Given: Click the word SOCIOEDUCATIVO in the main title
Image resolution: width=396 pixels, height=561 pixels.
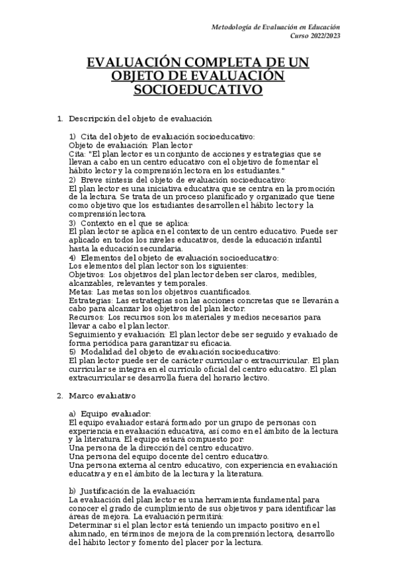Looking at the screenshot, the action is [x=198, y=89].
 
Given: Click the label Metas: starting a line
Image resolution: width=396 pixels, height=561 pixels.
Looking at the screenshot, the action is [x=79, y=292].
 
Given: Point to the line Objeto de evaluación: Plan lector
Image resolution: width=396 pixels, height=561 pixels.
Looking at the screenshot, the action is [x=130, y=145].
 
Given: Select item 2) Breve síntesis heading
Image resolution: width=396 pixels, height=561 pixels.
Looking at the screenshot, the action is [x=177, y=179].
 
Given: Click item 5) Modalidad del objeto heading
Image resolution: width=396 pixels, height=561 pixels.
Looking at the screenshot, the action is [x=175, y=352].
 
